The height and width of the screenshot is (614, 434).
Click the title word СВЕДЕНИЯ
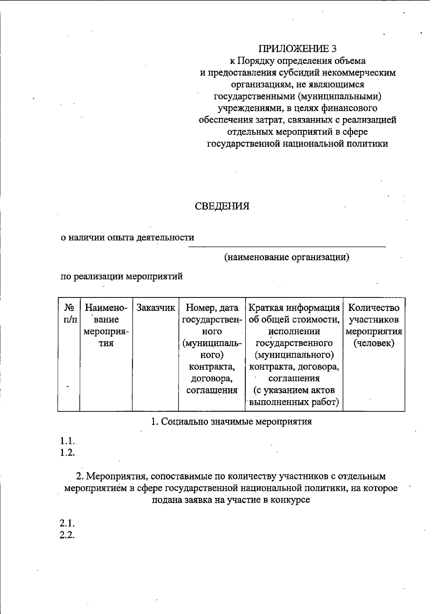222,206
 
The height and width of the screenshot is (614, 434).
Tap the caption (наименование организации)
286,257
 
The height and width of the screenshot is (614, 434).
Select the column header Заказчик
156,308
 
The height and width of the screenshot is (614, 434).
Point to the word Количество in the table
374,308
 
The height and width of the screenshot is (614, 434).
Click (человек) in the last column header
374,343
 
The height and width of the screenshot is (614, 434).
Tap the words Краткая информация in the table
294,308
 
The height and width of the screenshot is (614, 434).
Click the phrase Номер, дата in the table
212,308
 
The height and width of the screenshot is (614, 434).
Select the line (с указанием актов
294,390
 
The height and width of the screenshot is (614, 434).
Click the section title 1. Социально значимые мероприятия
231,422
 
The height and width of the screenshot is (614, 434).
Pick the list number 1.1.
67,441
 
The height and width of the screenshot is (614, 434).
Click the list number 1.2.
67,452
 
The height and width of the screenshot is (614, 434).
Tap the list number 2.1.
67,523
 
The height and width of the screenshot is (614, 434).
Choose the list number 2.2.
67,535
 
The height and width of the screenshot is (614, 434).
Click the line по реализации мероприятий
122,277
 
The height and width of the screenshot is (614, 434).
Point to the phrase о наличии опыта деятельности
127,238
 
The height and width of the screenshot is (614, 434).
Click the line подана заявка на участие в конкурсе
231,500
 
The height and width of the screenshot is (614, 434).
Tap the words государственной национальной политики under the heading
297,144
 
